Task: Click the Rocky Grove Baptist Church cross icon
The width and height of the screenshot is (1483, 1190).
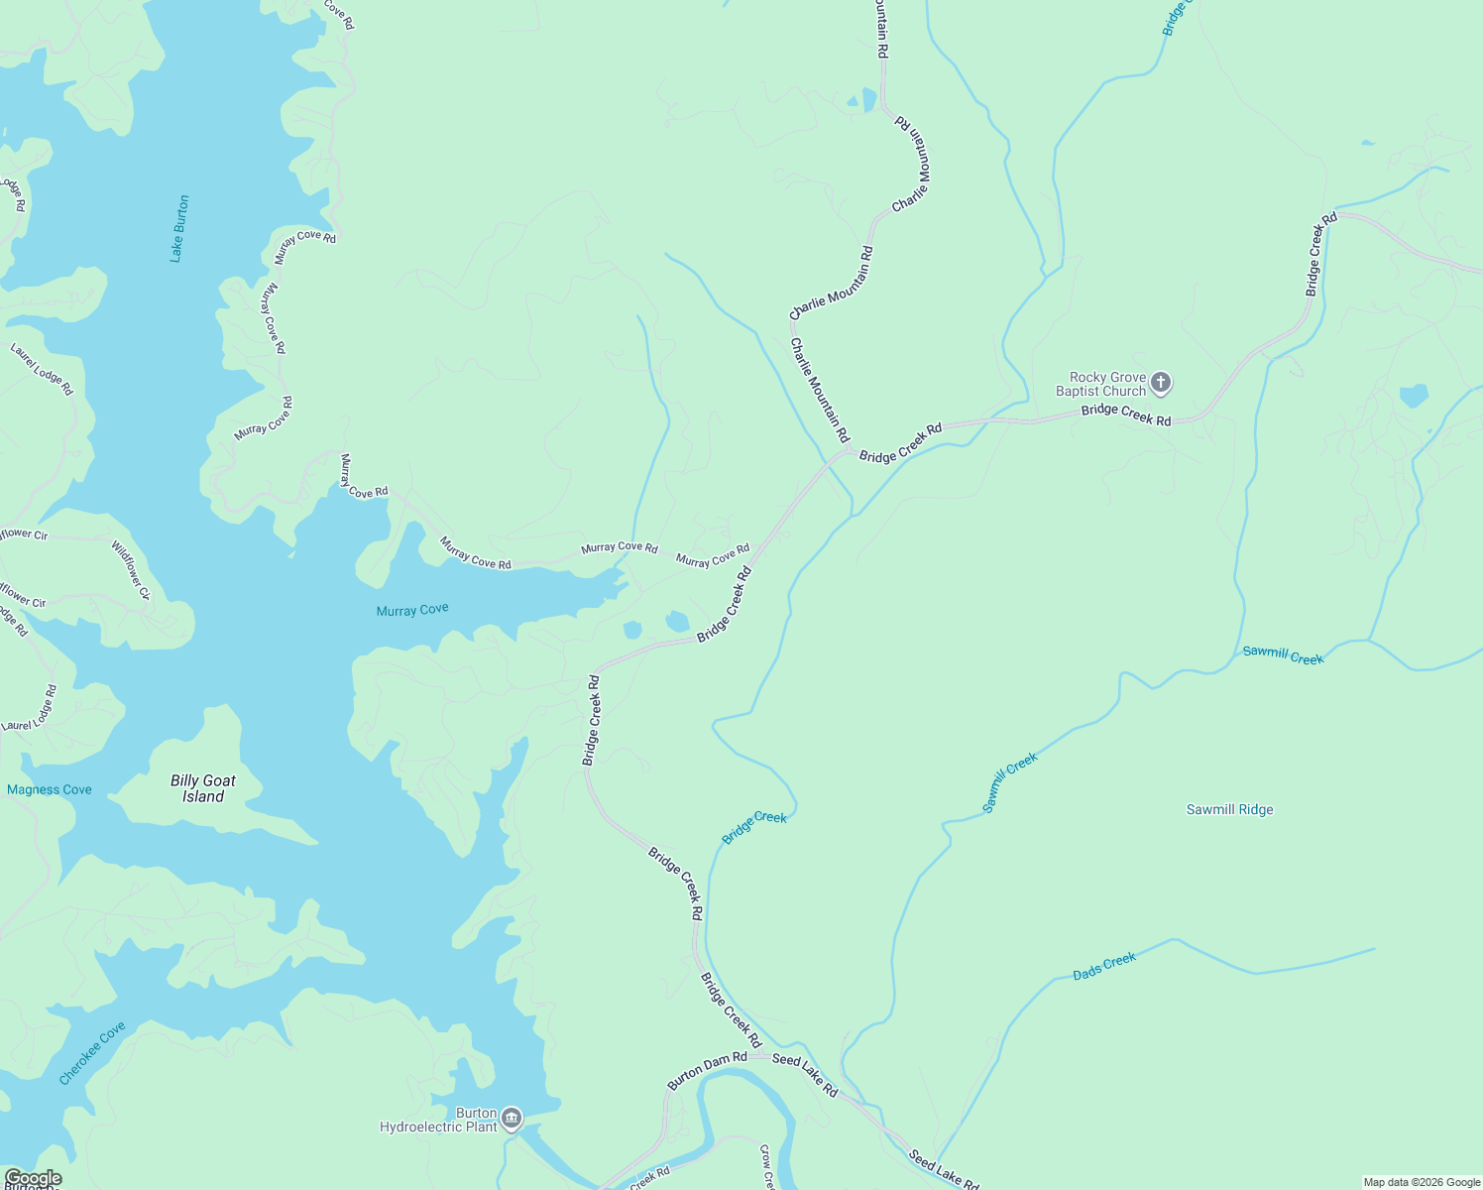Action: (x=1161, y=382)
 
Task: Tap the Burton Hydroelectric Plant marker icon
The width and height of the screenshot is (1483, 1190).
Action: (x=512, y=1119)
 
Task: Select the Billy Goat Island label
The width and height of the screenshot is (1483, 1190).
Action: (x=203, y=788)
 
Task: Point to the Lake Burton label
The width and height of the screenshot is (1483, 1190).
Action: (x=178, y=228)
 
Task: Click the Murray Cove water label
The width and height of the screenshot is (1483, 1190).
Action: (x=412, y=610)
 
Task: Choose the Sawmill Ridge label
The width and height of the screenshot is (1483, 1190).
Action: (x=1229, y=809)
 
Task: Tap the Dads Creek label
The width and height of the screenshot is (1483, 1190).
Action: (x=1104, y=967)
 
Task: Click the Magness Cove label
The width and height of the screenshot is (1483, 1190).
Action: (x=50, y=789)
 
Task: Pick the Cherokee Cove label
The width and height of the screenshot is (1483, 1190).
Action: (x=92, y=1053)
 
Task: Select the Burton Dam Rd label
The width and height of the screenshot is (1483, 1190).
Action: (x=707, y=1071)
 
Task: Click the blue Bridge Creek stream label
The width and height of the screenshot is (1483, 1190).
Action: (x=754, y=828)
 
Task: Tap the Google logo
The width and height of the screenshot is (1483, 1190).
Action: (x=33, y=1178)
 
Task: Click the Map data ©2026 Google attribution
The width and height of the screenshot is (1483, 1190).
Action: (x=1422, y=1182)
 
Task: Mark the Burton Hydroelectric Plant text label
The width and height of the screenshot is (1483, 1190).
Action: (x=439, y=1120)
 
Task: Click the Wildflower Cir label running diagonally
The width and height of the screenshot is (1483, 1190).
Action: (x=130, y=570)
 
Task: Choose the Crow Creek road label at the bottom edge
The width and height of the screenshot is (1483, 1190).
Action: (x=766, y=1167)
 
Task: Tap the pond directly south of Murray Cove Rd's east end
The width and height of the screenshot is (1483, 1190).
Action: (x=677, y=622)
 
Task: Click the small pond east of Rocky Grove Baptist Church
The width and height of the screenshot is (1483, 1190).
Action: (x=1414, y=397)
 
